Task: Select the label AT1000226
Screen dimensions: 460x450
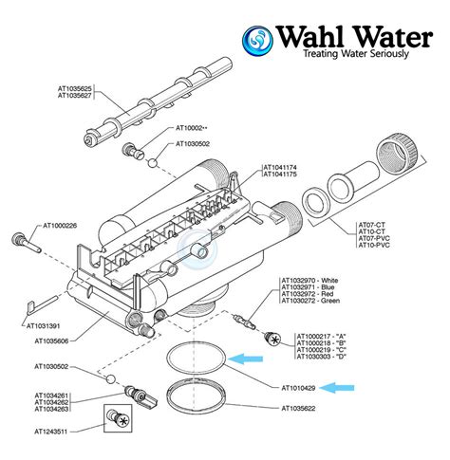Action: (59, 227)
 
